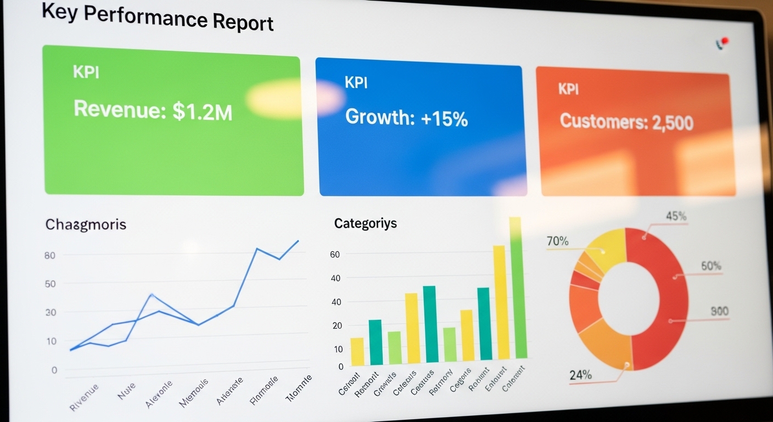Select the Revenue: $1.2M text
pyautogui.click(x=153, y=110)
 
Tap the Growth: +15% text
pyautogui.click(x=406, y=118)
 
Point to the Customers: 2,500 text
pyautogui.click(x=626, y=121)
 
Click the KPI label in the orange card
pyautogui.click(x=568, y=88)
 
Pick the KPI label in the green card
pyautogui.click(x=86, y=72)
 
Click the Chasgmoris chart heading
pyautogui.click(x=86, y=224)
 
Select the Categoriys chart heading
pyautogui.click(x=365, y=224)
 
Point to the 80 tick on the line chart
pyautogui.click(x=50, y=256)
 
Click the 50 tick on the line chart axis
pyautogui.click(x=50, y=284)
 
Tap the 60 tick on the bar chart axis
pyautogui.click(x=335, y=254)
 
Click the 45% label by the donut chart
pyautogui.click(x=676, y=216)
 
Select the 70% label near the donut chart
pyautogui.click(x=557, y=241)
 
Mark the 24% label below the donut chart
pyautogui.click(x=580, y=375)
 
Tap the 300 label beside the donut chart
pyautogui.click(x=719, y=312)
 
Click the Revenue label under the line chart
pyautogui.click(x=84, y=397)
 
